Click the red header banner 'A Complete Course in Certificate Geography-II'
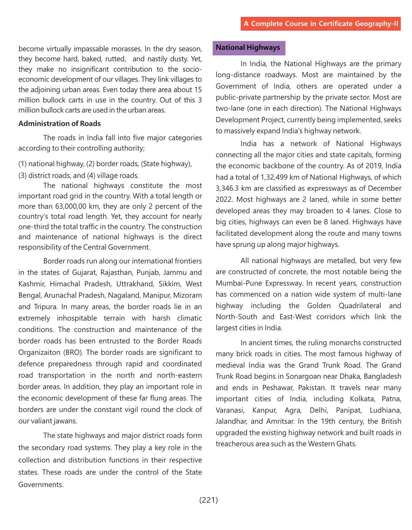[321, 24]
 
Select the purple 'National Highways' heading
[248, 47]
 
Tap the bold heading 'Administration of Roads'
[59, 124]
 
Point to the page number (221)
[209, 500]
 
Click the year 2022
[224, 199]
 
